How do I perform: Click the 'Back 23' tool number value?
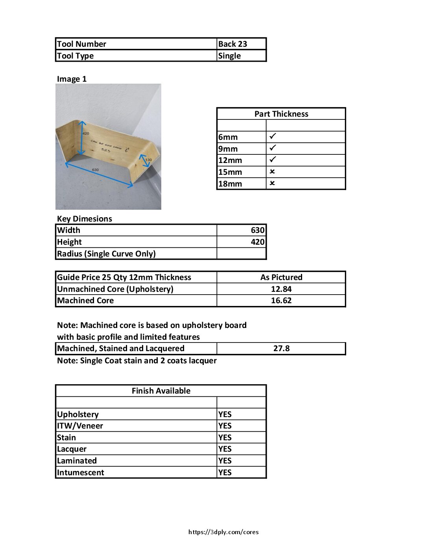pyautogui.click(x=232, y=44)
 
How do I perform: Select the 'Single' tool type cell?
pyautogui.click(x=229, y=56)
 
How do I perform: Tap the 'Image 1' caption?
pyautogui.click(x=72, y=79)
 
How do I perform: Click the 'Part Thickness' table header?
pyautogui.click(x=281, y=114)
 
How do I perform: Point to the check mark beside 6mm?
pyautogui.click(x=273, y=136)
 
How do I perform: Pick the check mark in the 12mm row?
pyautogui.click(x=273, y=159)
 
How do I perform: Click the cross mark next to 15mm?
pyautogui.click(x=272, y=172)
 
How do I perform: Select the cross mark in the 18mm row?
pyautogui.click(x=272, y=183)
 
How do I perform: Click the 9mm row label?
pyautogui.click(x=228, y=149)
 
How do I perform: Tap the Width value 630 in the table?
pyautogui.click(x=258, y=230)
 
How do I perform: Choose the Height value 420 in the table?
pyautogui.click(x=258, y=242)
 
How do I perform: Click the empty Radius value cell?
pyautogui.click(x=242, y=254)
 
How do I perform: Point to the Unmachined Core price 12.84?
pyautogui.click(x=281, y=289)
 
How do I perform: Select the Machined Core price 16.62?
pyautogui.click(x=281, y=300)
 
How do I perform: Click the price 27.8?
pyautogui.click(x=281, y=348)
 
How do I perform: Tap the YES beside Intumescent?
pyautogui.click(x=225, y=472)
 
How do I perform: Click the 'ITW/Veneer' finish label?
pyautogui.click(x=80, y=426)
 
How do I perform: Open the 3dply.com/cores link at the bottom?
pyautogui.click(x=223, y=532)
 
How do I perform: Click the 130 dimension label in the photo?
pyautogui.click(x=149, y=160)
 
